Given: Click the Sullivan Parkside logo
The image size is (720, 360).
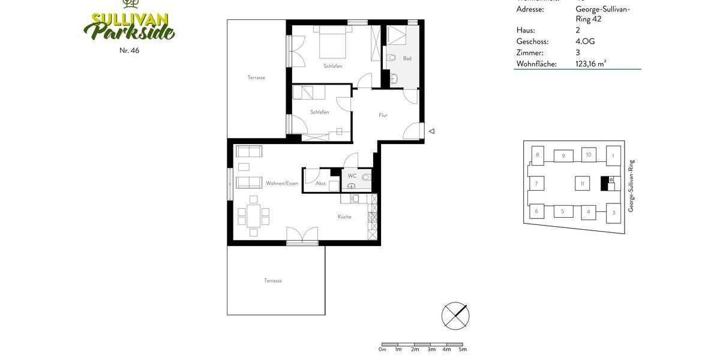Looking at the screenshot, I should point(129,24).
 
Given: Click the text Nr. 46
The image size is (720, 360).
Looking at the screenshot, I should point(129,50).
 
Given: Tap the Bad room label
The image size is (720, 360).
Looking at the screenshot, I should point(407,58).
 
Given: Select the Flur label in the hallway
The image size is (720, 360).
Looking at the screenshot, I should point(383,115).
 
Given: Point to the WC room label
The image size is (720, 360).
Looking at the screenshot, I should point(352,176).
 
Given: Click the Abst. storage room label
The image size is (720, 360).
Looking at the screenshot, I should point(321,184).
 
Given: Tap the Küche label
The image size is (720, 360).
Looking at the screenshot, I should point(344,217).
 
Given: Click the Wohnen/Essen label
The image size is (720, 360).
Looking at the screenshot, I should point(282,184).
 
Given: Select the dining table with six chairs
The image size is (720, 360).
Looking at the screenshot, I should point(253,216).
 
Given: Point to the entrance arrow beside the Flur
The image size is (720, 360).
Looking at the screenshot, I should point(431,131).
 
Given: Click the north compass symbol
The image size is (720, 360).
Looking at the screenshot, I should point(455,316).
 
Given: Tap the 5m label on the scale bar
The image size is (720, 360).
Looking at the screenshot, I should point(463,349).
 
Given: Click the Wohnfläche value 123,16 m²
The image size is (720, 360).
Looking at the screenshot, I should point(590,64).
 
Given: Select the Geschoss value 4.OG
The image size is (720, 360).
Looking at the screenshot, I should point(585,41).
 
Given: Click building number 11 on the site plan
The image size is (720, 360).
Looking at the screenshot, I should point(582,184).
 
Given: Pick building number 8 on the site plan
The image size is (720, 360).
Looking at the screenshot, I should point(538,155).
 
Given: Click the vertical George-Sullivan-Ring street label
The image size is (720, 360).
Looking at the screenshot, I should point(631,186).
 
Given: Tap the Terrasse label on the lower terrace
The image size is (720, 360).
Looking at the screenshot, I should point(273,281).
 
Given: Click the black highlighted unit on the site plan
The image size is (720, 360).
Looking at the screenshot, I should point(605,183).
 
